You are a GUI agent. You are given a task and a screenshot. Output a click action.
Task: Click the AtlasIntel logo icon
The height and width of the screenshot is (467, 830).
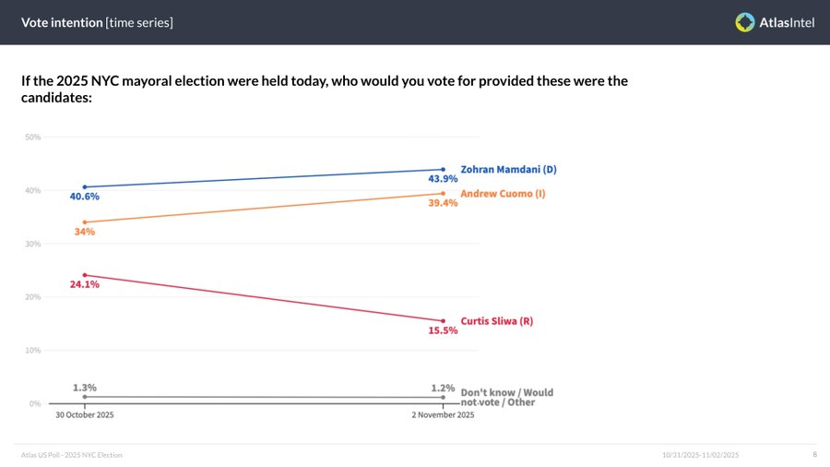(x=745, y=22)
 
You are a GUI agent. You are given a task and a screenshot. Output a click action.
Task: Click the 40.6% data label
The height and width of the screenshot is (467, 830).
(x=84, y=197)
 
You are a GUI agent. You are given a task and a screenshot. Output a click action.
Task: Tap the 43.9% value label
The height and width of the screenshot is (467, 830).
(x=444, y=179)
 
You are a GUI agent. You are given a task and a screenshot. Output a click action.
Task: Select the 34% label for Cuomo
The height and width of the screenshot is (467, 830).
(x=85, y=232)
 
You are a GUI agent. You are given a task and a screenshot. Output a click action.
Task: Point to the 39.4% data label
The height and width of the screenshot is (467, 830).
(x=444, y=203)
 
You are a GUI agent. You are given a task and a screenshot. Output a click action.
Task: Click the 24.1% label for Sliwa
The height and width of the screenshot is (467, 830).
(x=84, y=284)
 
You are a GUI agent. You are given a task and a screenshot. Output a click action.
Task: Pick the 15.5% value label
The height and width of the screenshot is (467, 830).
(x=444, y=330)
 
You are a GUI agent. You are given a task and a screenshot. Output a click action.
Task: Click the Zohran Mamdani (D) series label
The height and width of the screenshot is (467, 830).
(x=508, y=170)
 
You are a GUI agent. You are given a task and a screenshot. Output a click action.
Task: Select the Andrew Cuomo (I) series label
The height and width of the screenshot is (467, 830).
(x=502, y=194)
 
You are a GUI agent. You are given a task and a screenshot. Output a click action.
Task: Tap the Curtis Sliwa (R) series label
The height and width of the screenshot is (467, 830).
(x=497, y=321)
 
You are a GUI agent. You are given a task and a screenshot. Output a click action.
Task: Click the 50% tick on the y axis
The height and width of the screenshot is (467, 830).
(x=32, y=138)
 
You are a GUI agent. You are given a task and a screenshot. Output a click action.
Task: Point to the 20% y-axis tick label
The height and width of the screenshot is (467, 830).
(x=32, y=297)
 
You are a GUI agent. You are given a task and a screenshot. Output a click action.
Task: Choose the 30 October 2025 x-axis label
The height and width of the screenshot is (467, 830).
(x=85, y=415)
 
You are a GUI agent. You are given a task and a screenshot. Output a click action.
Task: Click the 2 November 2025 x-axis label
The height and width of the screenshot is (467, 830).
(x=443, y=415)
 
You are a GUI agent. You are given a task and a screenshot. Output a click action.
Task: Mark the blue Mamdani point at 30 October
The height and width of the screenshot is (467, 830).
(x=85, y=187)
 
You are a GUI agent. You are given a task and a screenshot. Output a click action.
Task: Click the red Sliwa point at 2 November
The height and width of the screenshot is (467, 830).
(x=444, y=321)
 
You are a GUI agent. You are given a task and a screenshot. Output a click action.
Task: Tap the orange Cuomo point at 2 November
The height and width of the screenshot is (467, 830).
(x=444, y=194)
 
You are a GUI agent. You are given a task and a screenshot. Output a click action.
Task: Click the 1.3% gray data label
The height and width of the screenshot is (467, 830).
(x=85, y=388)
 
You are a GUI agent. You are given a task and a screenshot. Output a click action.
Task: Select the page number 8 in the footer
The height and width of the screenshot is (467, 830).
(x=814, y=455)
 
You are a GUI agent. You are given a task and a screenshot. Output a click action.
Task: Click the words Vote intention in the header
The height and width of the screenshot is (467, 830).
(x=62, y=22)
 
